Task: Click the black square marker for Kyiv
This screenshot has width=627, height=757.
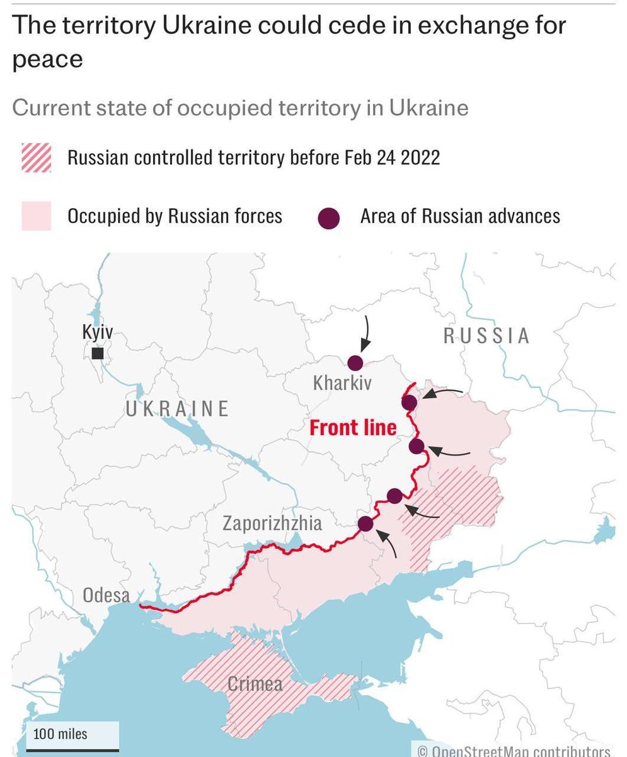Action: [x=98, y=353]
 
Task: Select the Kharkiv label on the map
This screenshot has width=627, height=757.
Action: [x=342, y=383]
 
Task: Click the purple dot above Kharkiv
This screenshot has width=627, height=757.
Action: [x=355, y=363]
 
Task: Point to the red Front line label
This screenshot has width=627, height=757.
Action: [x=353, y=428]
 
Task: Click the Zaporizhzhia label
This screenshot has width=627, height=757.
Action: [x=272, y=523]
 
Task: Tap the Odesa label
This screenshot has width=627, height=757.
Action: [x=106, y=595]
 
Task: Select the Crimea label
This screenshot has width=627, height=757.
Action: [x=255, y=684]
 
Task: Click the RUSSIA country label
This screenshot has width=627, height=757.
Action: [x=487, y=336]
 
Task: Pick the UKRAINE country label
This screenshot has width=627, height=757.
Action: [x=177, y=409]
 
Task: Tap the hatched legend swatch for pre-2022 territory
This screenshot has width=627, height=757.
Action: [x=37, y=158]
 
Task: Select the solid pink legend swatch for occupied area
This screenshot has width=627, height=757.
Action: [x=37, y=216]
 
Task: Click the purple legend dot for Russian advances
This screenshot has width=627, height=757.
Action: [x=329, y=218]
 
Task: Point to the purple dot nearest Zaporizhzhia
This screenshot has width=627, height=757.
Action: [x=365, y=524]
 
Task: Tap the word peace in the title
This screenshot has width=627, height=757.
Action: [x=47, y=60]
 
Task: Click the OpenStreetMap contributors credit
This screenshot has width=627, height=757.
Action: [x=514, y=751]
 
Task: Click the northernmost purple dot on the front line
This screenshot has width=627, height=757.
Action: [x=409, y=402]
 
